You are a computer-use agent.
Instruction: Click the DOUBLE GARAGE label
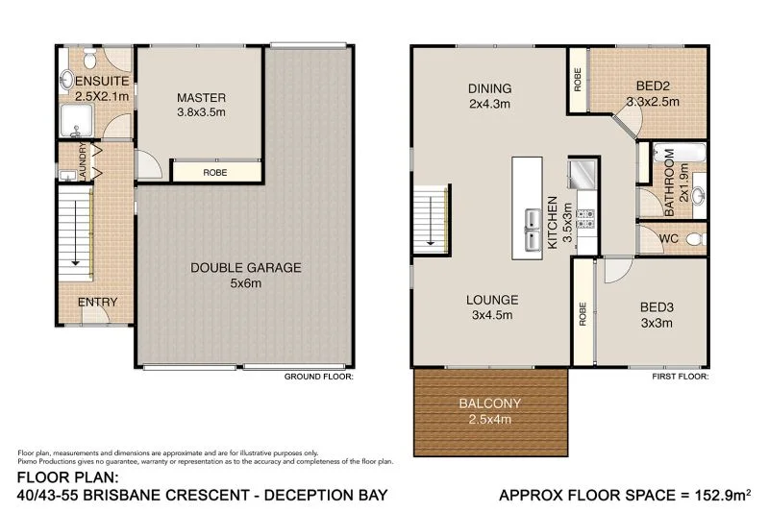[245, 268]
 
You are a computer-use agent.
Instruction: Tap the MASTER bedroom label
[201, 97]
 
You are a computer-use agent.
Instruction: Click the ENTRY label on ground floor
[97, 302]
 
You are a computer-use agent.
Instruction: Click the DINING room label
[489, 88]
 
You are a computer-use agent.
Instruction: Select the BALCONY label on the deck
[490, 403]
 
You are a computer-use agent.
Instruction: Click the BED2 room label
[654, 85]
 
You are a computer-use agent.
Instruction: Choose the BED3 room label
[657, 307]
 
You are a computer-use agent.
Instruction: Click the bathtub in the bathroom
[679, 155]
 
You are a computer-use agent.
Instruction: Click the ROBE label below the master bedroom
[215, 174]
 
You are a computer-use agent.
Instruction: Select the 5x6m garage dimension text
[245, 283]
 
